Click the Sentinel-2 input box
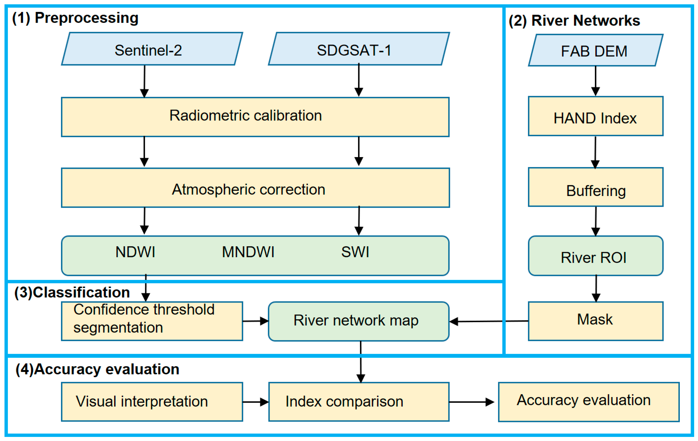pos(152,49)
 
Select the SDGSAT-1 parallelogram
pos(359,49)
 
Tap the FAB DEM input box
pos(595,50)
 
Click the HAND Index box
pos(595,116)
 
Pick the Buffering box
pos(595,187)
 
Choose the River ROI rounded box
pos(595,256)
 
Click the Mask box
pos(595,321)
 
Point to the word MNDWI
pos(248,252)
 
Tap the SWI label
pos(355,252)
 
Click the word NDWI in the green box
pos(135,252)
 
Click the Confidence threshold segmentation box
pos(152,321)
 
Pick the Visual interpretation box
pos(152,402)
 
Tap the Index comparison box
pos(359,402)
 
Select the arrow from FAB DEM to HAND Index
pos(595,81)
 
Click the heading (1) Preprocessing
pos(75,18)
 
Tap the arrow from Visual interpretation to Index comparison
pos(255,402)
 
